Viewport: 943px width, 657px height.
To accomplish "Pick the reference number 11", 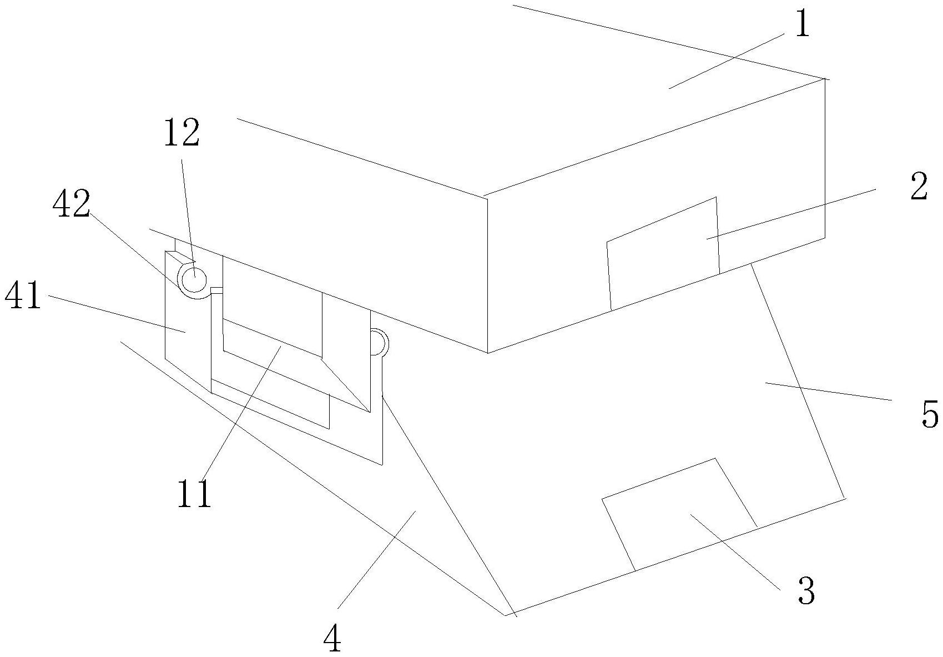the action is [x=194, y=494].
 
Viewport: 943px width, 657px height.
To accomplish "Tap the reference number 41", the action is [x=23, y=296].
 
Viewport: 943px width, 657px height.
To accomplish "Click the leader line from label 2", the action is [x=790, y=214].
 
